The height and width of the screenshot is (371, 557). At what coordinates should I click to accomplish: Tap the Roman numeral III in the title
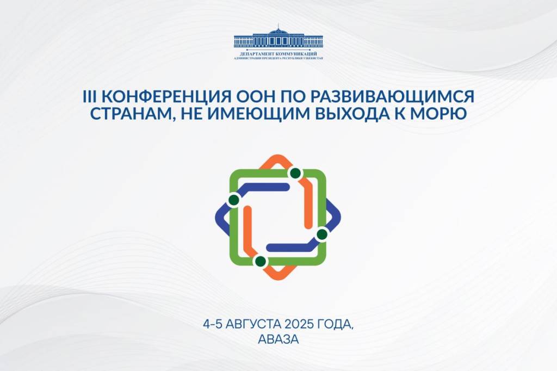click(x=90, y=96)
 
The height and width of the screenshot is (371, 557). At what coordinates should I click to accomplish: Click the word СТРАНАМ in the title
click(x=133, y=114)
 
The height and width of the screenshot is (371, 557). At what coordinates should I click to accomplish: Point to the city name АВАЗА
click(x=278, y=339)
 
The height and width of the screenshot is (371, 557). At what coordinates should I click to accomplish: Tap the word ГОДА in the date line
click(x=338, y=325)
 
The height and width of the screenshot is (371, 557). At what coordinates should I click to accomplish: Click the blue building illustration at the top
click(x=278, y=38)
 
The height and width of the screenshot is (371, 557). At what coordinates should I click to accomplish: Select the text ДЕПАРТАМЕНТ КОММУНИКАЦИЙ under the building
click(x=278, y=54)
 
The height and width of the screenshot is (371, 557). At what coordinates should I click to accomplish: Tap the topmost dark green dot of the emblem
click(x=295, y=173)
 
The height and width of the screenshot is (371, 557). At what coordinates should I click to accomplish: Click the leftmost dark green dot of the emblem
click(x=234, y=200)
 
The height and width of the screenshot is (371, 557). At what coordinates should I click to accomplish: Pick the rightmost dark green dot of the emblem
click(x=322, y=234)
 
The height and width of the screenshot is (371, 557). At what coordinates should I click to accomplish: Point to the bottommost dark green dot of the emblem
click(x=261, y=261)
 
